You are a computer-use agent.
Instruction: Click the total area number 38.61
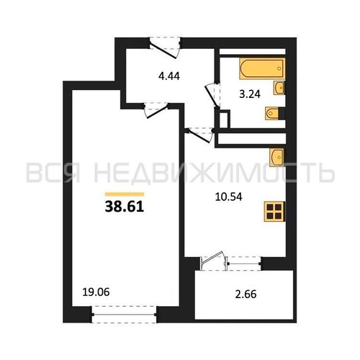coord(125,207)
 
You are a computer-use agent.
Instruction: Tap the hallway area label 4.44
coord(169,76)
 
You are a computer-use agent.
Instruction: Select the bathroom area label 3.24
coord(250,94)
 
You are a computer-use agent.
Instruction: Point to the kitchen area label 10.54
coord(229,197)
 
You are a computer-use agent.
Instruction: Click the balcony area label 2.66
coord(246,294)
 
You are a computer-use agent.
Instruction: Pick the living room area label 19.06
coord(96,292)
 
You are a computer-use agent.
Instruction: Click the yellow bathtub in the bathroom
coord(262,68)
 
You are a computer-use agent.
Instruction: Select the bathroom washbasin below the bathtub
coord(279,88)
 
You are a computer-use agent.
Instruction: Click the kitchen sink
coord(277,157)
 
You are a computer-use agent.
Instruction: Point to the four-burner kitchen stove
coord(274,211)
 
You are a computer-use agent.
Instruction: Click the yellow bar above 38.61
coord(125,194)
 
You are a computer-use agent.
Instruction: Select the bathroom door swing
coord(212,95)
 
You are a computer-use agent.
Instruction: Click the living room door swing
coord(156,111)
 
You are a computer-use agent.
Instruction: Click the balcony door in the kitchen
coord(212,261)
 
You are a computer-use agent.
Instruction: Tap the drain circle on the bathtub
coord(279,68)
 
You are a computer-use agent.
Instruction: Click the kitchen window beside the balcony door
coord(243,264)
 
